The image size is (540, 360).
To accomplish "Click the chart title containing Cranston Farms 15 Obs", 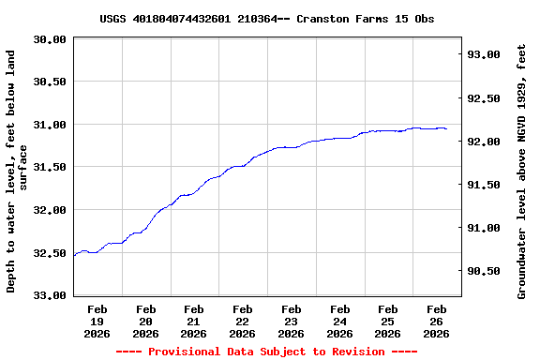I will click(266, 19).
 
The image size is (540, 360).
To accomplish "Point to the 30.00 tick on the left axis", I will click(50, 39).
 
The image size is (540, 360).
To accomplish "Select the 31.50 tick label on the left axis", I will click(50, 167).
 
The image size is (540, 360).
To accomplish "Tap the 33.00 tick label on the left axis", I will click(50, 295).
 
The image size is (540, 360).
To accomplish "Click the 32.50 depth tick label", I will click(50, 252).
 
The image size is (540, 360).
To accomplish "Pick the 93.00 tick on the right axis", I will click(484, 55).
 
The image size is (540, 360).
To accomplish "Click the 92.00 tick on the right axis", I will click(484, 142).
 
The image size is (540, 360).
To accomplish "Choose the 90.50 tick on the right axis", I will click(484, 271).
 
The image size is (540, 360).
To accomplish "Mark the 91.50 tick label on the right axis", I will click(484, 185).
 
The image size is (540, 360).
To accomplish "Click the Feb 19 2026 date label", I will click(97, 321).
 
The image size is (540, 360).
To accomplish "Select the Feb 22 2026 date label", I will click(242, 321).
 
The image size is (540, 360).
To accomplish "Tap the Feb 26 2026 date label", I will click(436, 321).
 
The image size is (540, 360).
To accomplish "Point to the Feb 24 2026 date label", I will click(339, 321).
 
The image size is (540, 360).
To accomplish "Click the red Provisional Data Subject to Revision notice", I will click(266, 352).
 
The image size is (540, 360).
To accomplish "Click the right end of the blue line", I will click(446, 128).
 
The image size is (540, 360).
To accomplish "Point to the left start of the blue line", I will click(74, 255).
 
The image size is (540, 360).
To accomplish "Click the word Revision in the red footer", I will click(354, 352).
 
